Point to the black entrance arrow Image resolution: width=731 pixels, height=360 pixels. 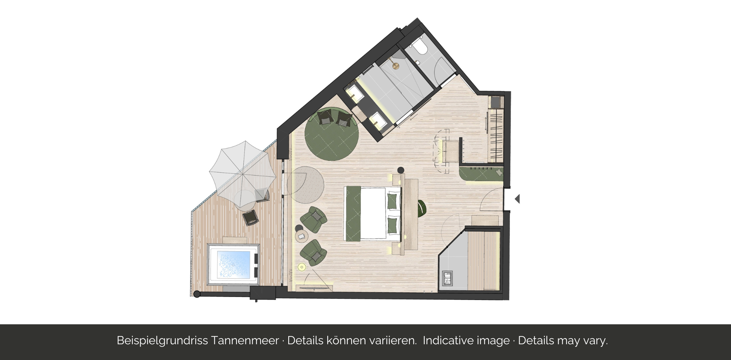tap(517, 199)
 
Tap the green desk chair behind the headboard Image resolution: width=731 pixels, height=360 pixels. tap(422, 208)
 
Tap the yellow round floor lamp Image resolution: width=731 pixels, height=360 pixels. tap(302, 267)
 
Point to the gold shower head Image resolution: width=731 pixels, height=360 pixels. tap(395, 66)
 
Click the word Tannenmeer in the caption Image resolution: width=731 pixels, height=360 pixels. tap(245, 340)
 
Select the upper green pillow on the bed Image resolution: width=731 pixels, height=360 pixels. tap(392, 201)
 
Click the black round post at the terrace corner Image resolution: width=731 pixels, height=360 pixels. tap(197, 294)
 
